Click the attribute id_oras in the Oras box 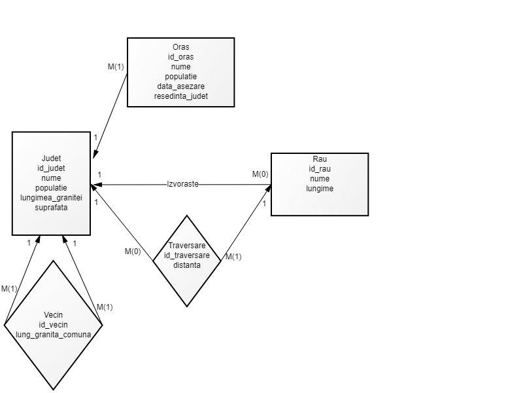180,57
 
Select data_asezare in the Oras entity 180,86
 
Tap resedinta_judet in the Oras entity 180,96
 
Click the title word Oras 180,47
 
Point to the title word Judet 51,159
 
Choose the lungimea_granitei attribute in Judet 51,198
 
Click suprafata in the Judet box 51,208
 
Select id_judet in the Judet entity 51,168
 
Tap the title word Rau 320,160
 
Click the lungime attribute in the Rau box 320,189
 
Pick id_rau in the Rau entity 320,170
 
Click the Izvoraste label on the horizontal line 182,185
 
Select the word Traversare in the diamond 187,246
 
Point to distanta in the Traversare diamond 187,265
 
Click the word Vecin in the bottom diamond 53,314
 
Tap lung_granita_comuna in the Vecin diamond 53,334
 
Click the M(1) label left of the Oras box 116,67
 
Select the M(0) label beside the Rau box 260,174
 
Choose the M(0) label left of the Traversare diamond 133,252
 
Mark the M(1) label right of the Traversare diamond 233,257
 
